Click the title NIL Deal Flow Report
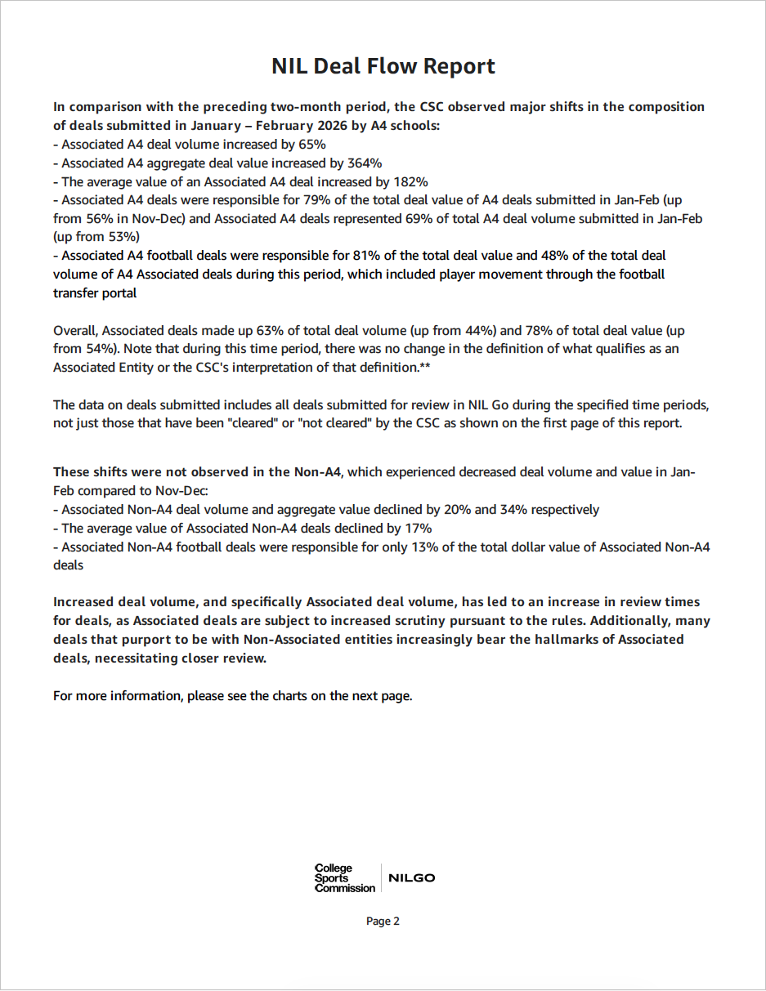[383, 66]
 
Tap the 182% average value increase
[411, 181]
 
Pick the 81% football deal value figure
[352, 256]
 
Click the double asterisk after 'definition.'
[425, 368]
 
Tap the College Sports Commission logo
[344, 878]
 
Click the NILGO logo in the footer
[411, 878]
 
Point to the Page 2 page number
[383, 922]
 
